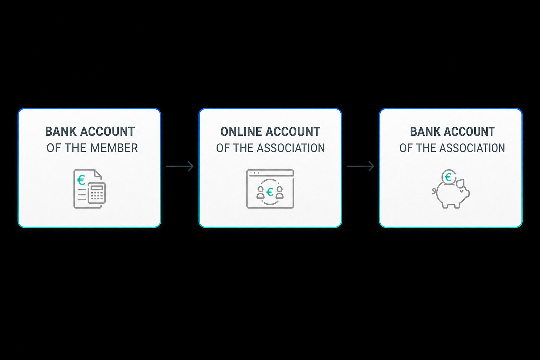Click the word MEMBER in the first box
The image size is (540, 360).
(114, 148)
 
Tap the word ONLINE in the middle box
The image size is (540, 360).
(241, 131)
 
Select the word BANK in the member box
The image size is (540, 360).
(61, 131)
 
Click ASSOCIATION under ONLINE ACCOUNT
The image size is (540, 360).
(291, 148)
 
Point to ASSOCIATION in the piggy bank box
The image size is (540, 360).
(472, 148)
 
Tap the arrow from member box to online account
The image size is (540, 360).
(180, 166)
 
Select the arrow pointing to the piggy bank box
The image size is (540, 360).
(361, 166)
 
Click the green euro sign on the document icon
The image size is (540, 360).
(81, 180)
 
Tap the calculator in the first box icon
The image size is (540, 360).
(97, 193)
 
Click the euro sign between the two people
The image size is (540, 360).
(270, 192)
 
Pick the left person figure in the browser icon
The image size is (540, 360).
(261, 192)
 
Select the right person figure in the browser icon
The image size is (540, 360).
(279, 192)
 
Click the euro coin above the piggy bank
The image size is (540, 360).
(448, 177)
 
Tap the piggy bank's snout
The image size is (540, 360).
(467, 193)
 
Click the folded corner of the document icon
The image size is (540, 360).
(98, 174)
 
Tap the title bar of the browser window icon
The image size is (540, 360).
(270, 173)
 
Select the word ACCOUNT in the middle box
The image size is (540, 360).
(292, 131)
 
